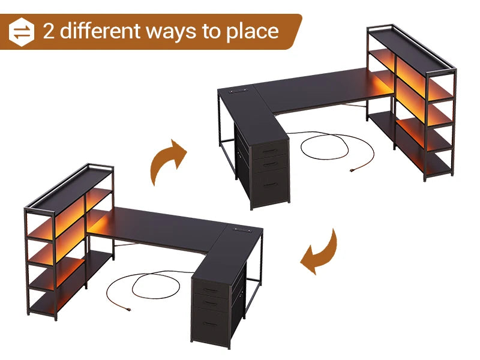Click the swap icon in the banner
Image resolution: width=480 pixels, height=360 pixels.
pos(22,32)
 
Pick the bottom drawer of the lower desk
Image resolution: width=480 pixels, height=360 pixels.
pos(211,324)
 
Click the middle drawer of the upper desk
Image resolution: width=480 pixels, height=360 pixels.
pos(269,162)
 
